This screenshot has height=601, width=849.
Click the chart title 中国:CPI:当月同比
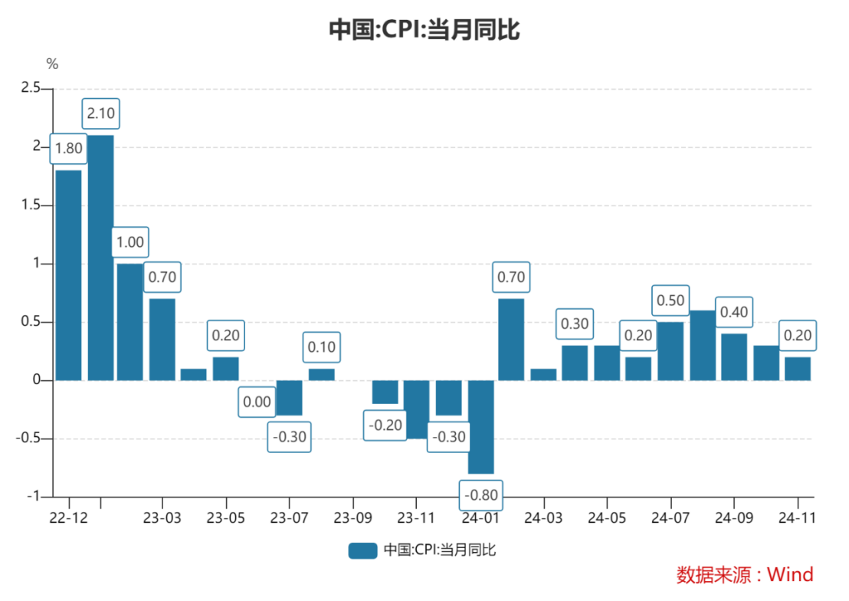pyautogui.click(x=424, y=30)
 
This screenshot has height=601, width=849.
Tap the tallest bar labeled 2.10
pyautogui.click(x=100, y=257)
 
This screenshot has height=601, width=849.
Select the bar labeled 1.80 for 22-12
pyautogui.click(x=68, y=274)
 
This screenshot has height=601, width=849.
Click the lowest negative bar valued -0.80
pyautogui.click(x=481, y=427)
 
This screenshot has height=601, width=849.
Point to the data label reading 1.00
pyautogui.click(x=129, y=242)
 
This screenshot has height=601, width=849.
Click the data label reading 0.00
pyautogui.click(x=257, y=402)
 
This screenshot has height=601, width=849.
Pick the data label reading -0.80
pyautogui.click(x=481, y=495)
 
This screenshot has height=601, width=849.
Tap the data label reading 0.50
pyautogui.click(x=670, y=300)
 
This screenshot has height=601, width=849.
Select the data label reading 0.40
pyautogui.click(x=734, y=312)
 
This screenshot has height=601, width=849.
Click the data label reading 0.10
pyautogui.click(x=321, y=347)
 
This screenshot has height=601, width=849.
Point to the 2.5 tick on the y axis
pyautogui.click(x=31, y=89)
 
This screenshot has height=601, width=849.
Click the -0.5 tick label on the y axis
pyautogui.click(x=28, y=438)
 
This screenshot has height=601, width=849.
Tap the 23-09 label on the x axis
pyautogui.click(x=353, y=517)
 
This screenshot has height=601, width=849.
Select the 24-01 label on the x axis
pyautogui.click(x=480, y=517)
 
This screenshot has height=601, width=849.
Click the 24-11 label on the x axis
pyautogui.click(x=798, y=517)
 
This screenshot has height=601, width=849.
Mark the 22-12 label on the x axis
pyautogui.click(x=68, y=517)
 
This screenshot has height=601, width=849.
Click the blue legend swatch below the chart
pyautogui.click(x=362, y=550)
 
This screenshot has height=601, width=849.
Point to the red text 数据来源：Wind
pyautogui.click(x=744, y=574)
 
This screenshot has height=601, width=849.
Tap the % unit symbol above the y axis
pyautogui.click(x=52, y=64)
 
